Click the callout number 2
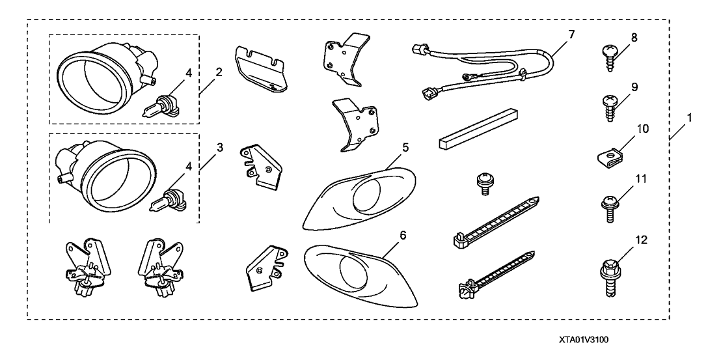click(x=219, y=72)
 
